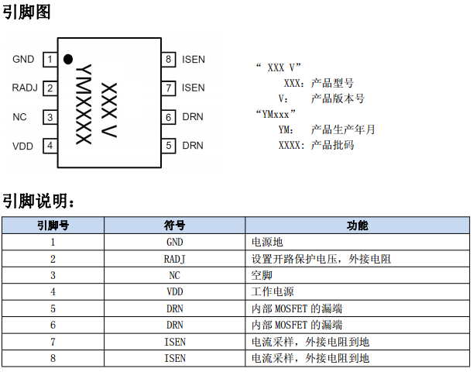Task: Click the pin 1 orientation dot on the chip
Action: point(68,59)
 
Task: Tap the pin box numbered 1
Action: point(50,59)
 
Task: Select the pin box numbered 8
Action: point(168,59)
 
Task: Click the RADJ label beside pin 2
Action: point(25,88)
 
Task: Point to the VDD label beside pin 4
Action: point(23,145)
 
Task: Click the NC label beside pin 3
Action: point(20,117)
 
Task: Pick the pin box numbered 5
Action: point(168,145)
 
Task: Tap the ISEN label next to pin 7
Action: point(194,88)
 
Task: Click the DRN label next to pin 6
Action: point(193,117)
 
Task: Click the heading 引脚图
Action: point(26,12)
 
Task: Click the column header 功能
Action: point(357,226)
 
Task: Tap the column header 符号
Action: point(175,226)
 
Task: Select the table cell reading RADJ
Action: point(175,259)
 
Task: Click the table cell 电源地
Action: point(267,242)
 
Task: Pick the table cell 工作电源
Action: point(272,291)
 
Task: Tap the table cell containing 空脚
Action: point(262,275)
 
